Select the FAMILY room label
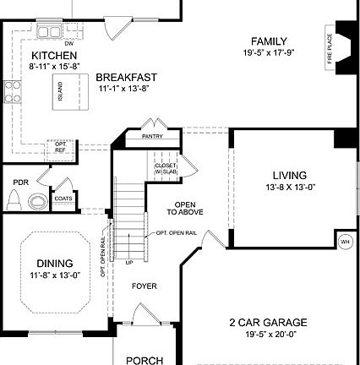tap(270, 41)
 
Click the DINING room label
tap(54, 264)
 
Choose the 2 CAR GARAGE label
tap(267, 322)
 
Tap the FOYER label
tap(144, 286)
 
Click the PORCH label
tap(145, 360)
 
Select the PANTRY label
tap(152, 135)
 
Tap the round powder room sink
tap(37, 200)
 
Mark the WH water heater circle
tap(344, 241)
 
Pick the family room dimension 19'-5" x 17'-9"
tap(269, 52)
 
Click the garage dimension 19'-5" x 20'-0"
tap(267, 334)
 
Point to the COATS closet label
tap(63, 199)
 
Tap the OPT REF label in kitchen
tap(61, 146)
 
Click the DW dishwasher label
tap(69, 42)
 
